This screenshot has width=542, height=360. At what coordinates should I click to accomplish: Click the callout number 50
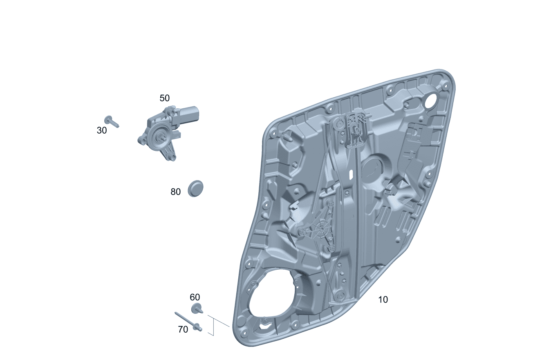tap(165, 98)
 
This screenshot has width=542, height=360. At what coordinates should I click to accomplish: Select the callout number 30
tap(102, 130)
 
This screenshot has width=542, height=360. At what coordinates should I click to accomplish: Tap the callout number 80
tap(175, 192)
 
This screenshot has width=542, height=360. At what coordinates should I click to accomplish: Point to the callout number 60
tap(195, 297)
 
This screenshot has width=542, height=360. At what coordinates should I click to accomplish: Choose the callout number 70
tap(183, 329)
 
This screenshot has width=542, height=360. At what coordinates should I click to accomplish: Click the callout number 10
tap(383, 300)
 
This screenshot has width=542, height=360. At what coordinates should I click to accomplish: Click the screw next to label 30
tap(111, 121)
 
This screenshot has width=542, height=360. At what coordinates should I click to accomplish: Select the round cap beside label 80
tap(195, 188)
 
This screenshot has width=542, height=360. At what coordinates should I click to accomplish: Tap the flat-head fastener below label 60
tap(197, 308)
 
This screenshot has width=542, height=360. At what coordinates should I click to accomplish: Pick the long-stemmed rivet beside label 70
tap(188, 322)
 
